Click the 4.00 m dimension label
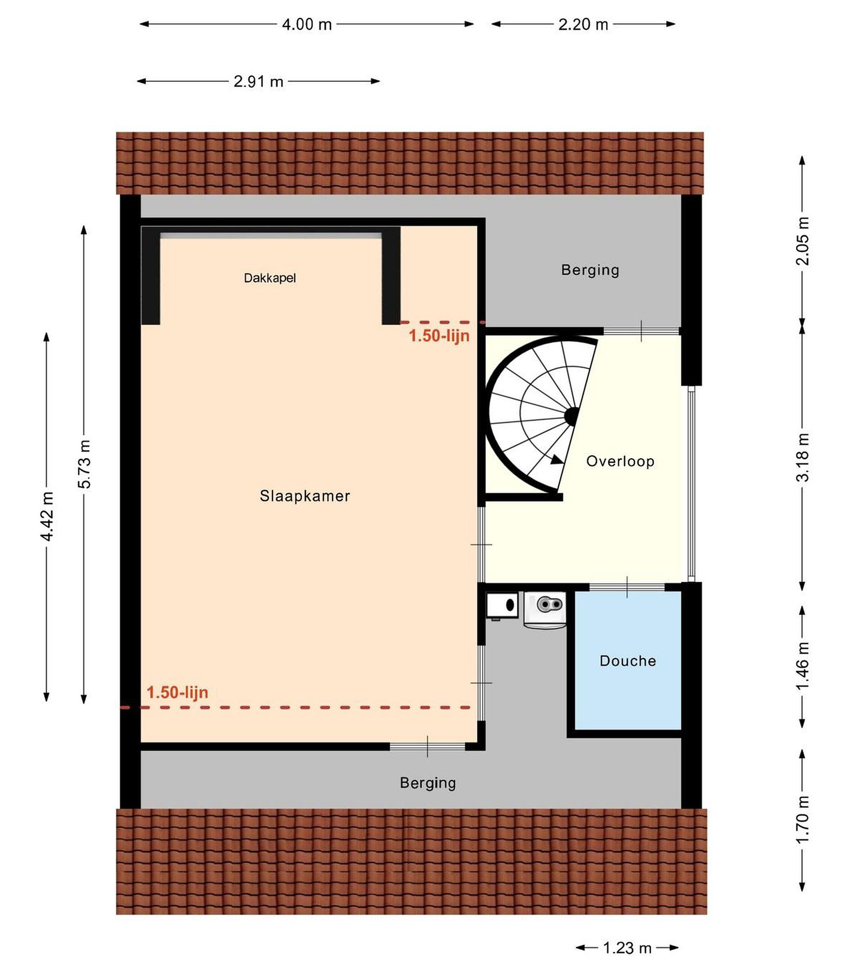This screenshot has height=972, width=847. click(307, 24)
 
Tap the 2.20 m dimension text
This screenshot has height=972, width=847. click(583, 24)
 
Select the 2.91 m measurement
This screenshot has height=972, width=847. click(258, 81)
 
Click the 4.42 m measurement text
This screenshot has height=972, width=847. click(47, 516)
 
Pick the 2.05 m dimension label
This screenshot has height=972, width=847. click(802, 241)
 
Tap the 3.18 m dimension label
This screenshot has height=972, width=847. click(802, 457)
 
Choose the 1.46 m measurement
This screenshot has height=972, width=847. click(802, 666)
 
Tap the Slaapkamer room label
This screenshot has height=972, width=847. click(305, 496)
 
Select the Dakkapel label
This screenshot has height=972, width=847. click(270, 278)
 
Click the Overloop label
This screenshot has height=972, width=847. click(620, 461)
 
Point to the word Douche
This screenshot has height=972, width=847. click(628, 661)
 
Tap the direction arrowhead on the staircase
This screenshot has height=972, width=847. click(557, 460)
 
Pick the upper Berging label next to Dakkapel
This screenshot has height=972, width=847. click(590, 270)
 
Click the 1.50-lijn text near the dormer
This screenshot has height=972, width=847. click(439, 336)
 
